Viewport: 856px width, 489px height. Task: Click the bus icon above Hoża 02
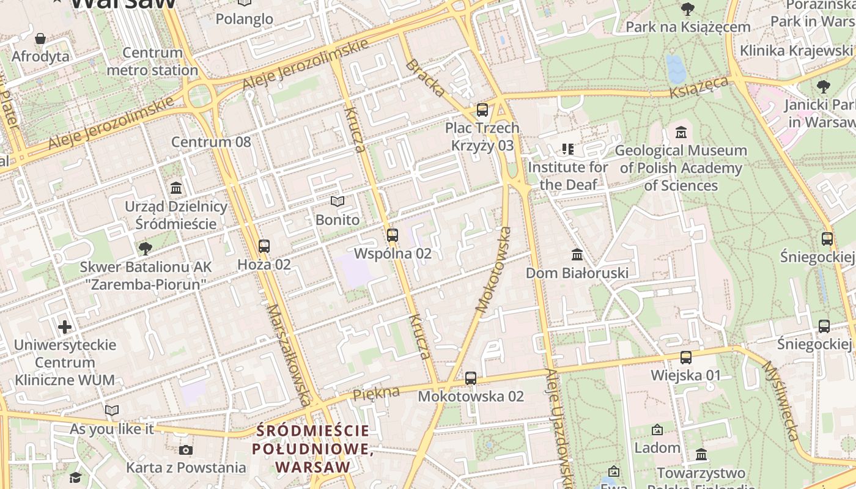264,246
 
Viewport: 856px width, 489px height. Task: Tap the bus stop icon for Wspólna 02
393,235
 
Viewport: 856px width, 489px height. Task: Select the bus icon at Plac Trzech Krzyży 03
482,110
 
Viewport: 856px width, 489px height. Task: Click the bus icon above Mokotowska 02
470,378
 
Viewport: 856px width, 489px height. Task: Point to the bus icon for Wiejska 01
686,357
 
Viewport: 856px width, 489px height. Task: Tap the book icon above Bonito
337,201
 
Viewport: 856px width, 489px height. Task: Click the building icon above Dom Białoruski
577,254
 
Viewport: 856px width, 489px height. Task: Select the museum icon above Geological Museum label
681,132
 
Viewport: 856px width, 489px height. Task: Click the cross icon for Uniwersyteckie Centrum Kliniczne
65,326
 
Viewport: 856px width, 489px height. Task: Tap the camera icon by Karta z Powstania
186,450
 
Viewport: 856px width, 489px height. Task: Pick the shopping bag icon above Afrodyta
40,39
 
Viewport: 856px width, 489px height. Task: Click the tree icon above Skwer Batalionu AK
146,248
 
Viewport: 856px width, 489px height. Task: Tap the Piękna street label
376,394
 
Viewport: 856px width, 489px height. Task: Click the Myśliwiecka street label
780,400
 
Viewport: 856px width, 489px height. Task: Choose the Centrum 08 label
211,142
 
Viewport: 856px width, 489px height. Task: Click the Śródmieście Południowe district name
313,449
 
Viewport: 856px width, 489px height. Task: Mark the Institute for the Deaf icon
568,149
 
